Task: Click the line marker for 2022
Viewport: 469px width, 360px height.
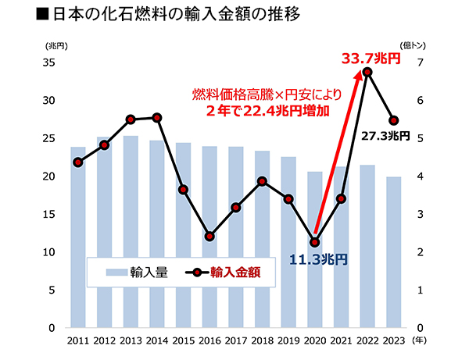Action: click(367, 73)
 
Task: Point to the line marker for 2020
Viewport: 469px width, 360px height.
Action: click(315, 242)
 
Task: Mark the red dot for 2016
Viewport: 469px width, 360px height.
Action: click(209, 236)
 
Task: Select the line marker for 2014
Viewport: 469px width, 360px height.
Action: click(157, 117)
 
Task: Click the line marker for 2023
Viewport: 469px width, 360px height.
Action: click(394, 120)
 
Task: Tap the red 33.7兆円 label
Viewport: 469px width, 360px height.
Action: click(374, 57)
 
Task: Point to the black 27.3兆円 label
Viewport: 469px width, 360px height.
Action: click(385, 136)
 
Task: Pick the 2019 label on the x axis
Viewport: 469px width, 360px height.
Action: click(288, 341)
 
